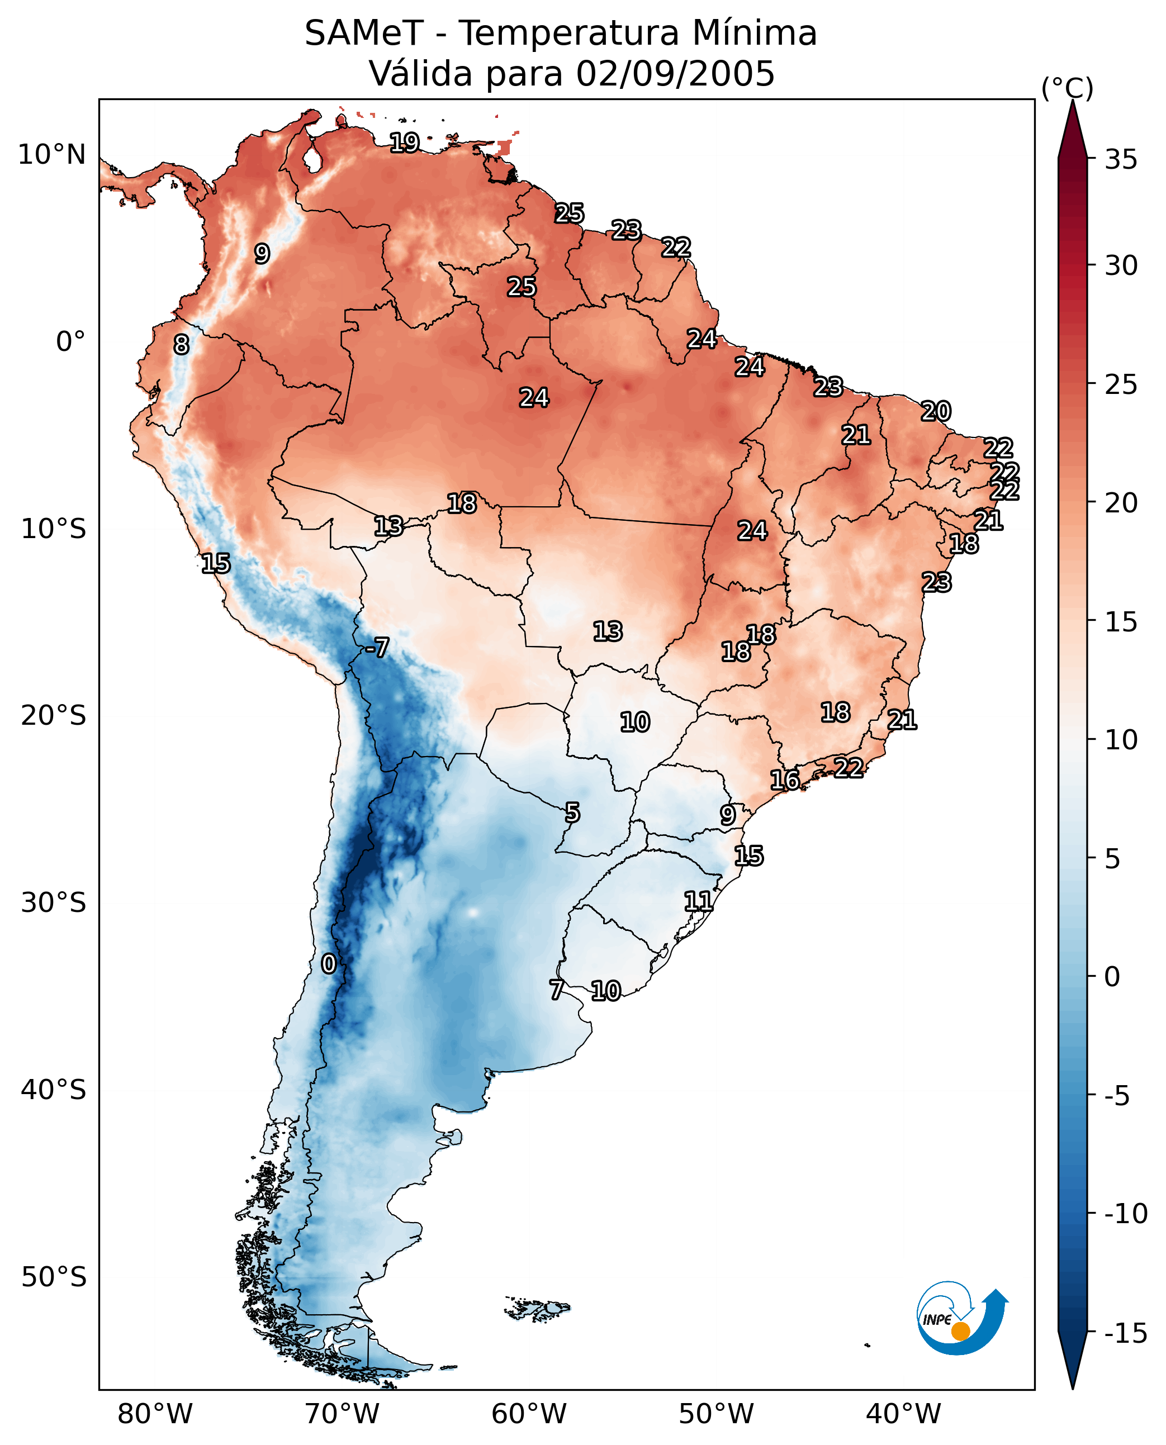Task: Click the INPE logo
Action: point(962,1318)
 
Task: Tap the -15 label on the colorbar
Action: point(1126,1334)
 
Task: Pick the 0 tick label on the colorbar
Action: point(1112,977)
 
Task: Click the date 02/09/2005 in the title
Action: point(675,73)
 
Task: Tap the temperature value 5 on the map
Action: point(572,812)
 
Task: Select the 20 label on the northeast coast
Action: point(935,411)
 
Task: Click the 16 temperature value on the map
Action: point(784,780)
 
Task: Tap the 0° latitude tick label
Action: point(70,342)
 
